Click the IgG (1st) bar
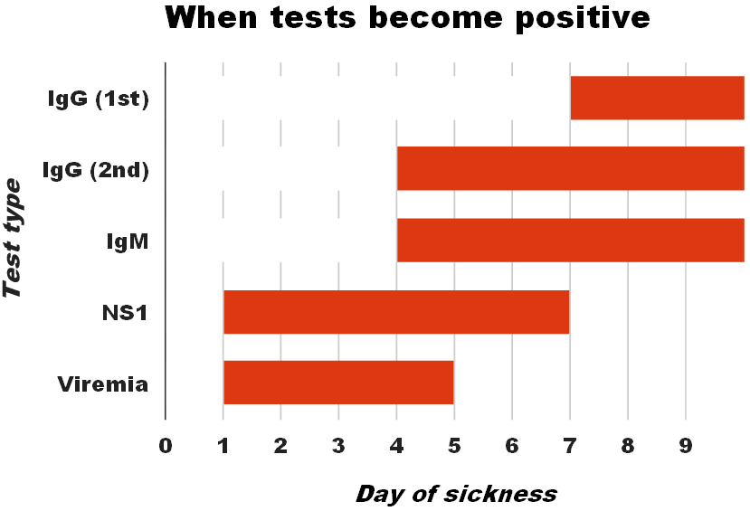pyautogui.click(x=657, y=98)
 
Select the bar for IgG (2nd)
pyautogui.click(x=570, y=169)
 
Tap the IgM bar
pyautogui.click(x=570, y=240)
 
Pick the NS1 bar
pyautogui.click(x=396, y=312)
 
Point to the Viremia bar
pyautogui.click(x=338, y=383)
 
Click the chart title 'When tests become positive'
pyautogui.click(x=407, y=18)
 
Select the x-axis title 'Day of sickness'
pyautogui.click(x=456, y=494)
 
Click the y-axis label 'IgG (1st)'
pyautogui.click(x=98, y=99)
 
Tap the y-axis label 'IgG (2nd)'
pyautogui.click(x=95, y=169)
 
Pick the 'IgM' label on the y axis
pyautogui.click(x=127, y=241)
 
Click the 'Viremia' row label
pyautogui.click(x=102, y=383)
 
